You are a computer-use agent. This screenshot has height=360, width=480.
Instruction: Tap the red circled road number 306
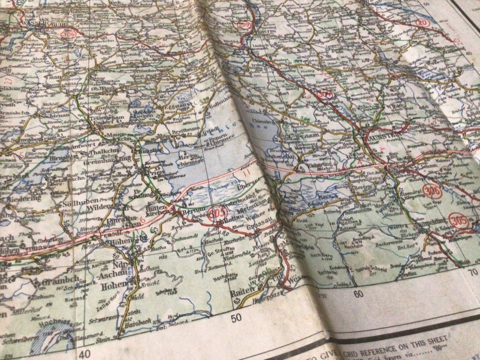coord(432,191)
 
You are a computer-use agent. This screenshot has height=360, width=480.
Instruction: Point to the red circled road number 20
coord(422,23)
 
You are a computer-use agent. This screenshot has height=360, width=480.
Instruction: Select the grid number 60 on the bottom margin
coord(358,294)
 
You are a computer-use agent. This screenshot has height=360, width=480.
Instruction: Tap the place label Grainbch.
coord(51,280)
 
